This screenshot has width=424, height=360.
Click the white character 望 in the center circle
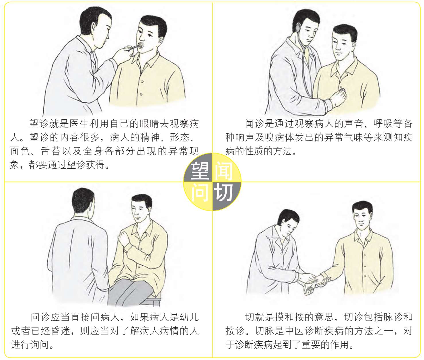click(200, 171)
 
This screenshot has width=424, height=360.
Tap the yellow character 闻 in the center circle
click(223, 171)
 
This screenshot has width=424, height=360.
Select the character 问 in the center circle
click(200, 192)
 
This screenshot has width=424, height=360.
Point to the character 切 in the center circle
click(223, 192)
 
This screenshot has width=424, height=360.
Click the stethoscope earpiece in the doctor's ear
click(298, 28)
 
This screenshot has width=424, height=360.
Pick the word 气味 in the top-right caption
click(353, 137)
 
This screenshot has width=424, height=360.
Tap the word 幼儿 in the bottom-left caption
click(189, 317)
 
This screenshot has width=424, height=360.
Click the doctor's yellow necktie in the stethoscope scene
click(306, 55)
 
